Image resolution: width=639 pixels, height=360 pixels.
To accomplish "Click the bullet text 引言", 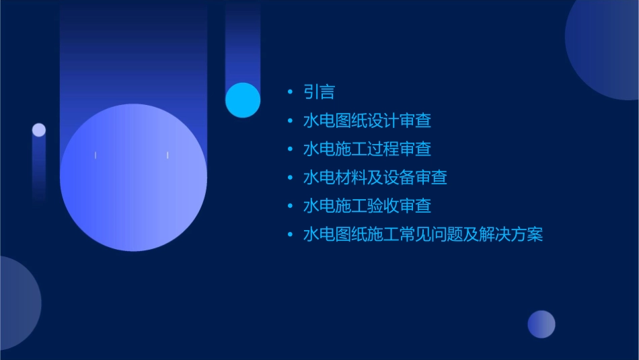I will pos(319,92).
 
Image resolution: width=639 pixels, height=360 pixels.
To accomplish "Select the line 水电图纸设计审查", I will pos(367,121).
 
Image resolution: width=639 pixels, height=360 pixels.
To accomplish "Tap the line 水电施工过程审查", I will pos(367,149).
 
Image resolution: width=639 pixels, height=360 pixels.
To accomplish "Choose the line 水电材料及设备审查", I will pos(375,178).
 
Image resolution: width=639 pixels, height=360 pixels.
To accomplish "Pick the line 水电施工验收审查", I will pos(367,206).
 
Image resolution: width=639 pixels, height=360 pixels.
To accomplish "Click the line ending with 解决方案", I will pos(422,235).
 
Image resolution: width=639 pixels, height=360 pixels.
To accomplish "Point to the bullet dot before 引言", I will pos(290,92).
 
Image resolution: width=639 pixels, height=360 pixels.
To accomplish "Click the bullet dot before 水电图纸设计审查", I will pos(290,121).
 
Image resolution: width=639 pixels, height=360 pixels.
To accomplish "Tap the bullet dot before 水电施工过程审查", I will pos(290,149).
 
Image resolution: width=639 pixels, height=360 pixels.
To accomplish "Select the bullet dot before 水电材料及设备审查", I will pos(290,178).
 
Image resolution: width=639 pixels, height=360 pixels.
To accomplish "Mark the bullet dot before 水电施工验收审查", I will pos(290,206).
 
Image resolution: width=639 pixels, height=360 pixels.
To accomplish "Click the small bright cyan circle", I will pos(243,100).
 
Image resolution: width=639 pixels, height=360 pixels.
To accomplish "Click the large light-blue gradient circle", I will pos(133,177).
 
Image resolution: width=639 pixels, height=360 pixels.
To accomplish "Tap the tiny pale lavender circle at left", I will pos(39,130).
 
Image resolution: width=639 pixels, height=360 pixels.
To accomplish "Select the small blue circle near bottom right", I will pos(541,324).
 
